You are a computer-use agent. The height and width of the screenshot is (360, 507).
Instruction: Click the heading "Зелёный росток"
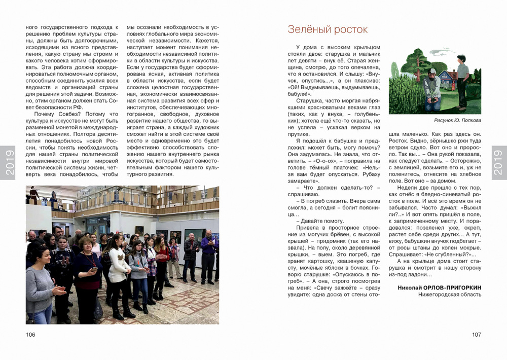click(328, 29)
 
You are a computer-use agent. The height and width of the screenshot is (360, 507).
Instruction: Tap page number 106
click(31, 335)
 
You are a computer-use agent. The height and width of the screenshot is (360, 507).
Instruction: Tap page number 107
click(476, 335)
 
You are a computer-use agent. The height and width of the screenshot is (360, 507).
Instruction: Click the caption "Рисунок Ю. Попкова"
click(457, 121)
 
